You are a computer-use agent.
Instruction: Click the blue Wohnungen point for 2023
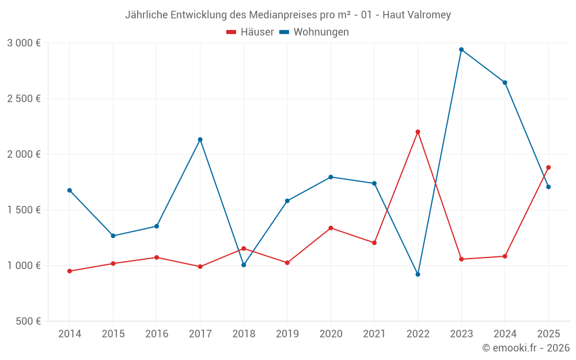[x=461, y=50]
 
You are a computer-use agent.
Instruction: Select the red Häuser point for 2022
[x=418, y=132]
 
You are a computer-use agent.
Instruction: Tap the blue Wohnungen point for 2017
[x=200, y=139]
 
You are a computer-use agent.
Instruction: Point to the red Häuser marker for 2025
[x=548, y=168]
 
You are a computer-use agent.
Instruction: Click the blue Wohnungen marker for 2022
[x=418, y=274]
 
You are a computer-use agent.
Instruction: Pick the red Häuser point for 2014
[x=70, y=271]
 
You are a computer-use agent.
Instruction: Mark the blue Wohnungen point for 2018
[x=244, y=265]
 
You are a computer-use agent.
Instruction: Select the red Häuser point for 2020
[x=331, y=228]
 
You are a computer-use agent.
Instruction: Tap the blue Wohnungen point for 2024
[x=505, y=82]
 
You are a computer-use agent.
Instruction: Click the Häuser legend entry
[x=251, y=32]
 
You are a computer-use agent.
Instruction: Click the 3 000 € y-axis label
[x=24, y=43]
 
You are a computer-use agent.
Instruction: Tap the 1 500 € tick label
[x=24, y=210]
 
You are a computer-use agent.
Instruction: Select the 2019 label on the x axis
[x=287, y=334]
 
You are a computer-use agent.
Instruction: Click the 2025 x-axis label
[x=548, y=334]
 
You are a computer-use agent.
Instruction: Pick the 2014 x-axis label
[x=70, y=334]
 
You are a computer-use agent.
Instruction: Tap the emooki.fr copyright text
[x=526, y=348]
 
